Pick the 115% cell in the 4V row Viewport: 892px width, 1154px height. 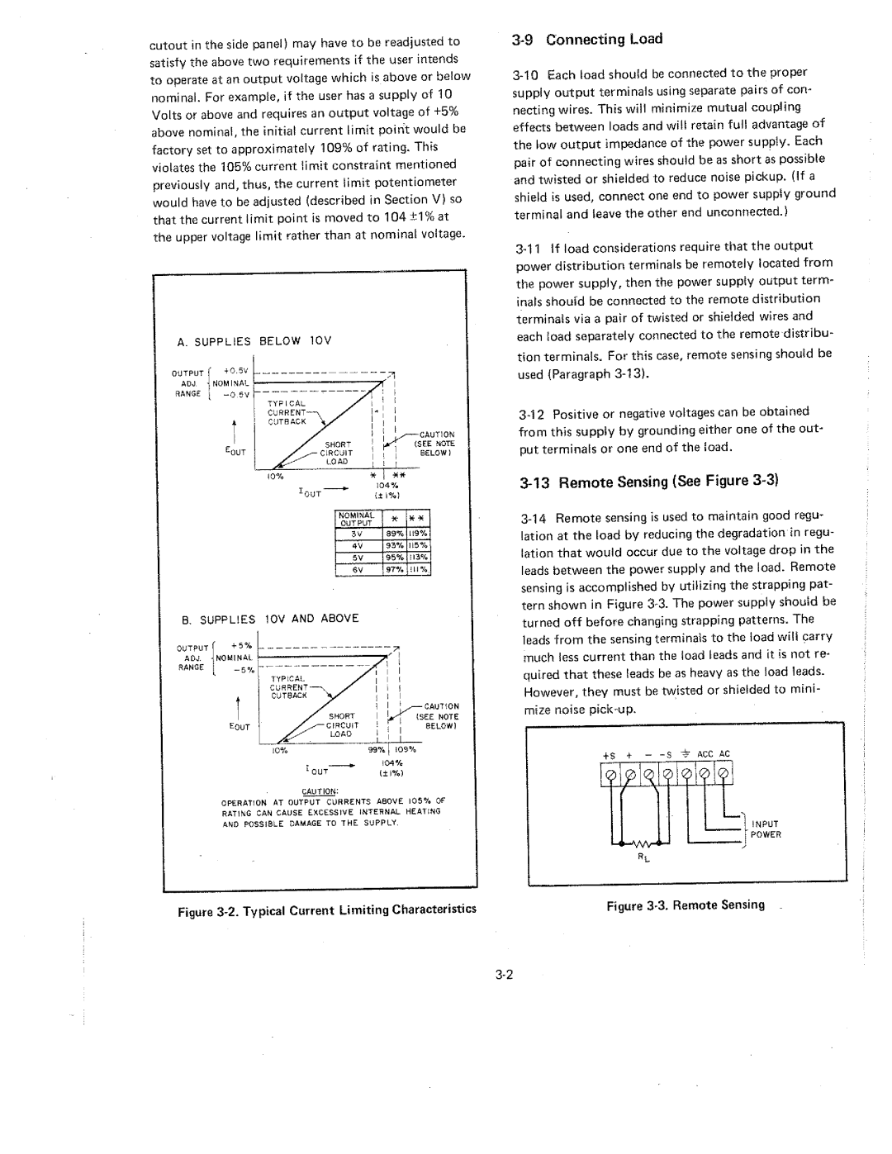pyautogui.click(x=419, y=545)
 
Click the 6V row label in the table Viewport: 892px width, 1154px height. pyautogui.click(x=358, y=569)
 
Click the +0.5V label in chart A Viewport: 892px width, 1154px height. pyautogui.click(x=225, y=372)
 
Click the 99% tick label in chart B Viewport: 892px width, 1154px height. pyautogui.click(x=378, y=750)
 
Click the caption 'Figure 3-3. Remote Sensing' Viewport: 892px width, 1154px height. pyautogui.click(x=686, y=905)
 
